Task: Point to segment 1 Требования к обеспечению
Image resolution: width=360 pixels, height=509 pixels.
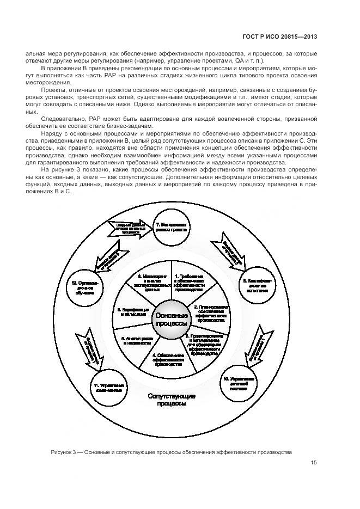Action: coord(189,283)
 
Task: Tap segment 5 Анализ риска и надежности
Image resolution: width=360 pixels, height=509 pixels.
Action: coord(136,341)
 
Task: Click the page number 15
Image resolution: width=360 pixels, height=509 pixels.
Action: coord(314,463)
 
